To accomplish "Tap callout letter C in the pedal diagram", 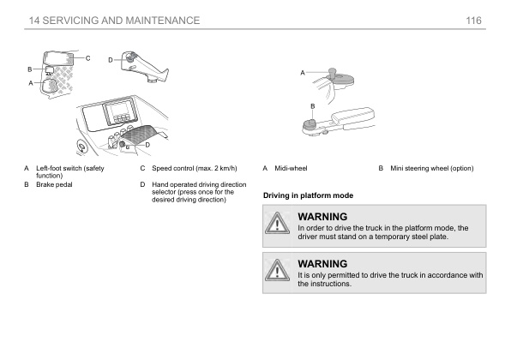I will [87, 57].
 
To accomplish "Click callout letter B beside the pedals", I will [30, 69].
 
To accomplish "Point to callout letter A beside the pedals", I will [31, 83].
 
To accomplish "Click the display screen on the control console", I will [117, 116].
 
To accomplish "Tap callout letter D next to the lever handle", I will [111, 59].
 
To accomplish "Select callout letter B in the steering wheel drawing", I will [312, 105].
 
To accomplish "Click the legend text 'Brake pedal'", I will [52, 184].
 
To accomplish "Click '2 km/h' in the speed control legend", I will [223, 168].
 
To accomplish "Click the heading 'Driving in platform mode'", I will [306, 196].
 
